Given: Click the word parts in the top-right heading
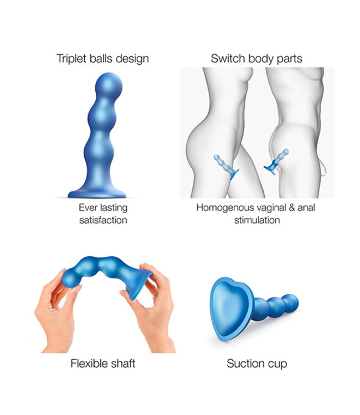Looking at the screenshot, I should (x=290, y=59).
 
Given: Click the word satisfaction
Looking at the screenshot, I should (x=102, y=220).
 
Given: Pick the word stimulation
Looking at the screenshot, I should (x=256, y=220).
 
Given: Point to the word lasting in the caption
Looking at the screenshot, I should (x=113, y=208).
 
